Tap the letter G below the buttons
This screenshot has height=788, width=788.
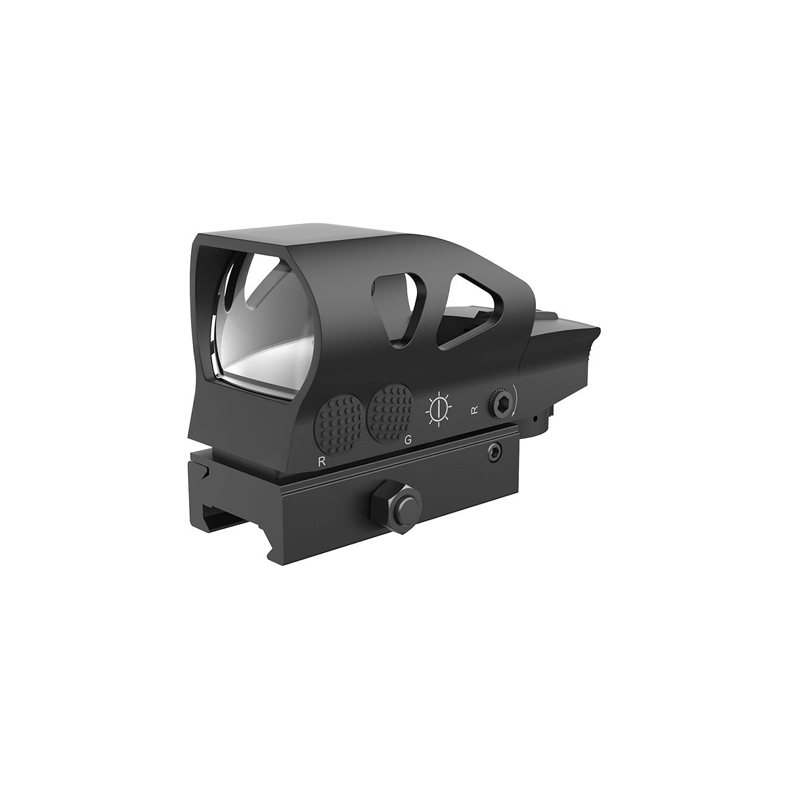coord(408,440)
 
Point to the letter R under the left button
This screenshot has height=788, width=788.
coord(320,460)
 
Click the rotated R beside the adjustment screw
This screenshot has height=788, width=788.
coord(474,411)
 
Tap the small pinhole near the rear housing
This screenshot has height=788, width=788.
coord(536,418)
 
